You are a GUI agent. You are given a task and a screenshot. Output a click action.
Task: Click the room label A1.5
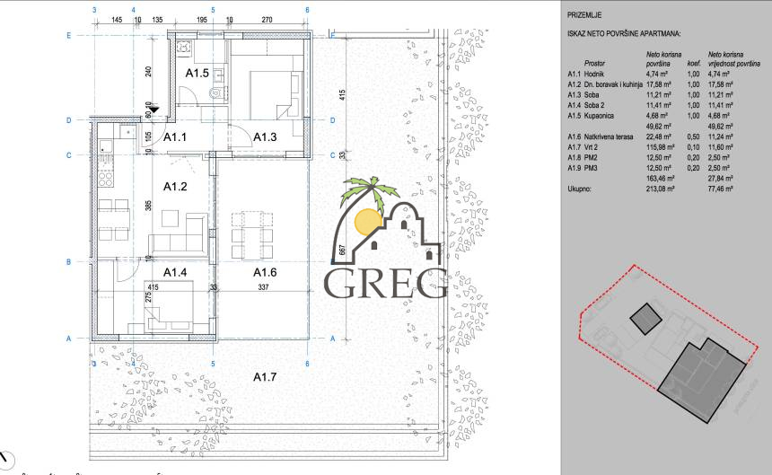click(x=196, y=72)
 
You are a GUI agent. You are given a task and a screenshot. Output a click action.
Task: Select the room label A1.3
click(x=264, y=136)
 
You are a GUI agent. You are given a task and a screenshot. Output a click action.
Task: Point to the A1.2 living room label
click(x=174, y=187)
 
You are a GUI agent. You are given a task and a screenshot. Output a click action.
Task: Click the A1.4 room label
click(x=174, y=271)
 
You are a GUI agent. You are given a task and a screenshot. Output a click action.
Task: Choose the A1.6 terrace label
click(x=264, y=271)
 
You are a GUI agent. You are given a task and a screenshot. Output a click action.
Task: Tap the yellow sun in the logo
click(x=369, y=220)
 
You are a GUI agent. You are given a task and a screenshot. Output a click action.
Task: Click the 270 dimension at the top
click(x=267, y=19)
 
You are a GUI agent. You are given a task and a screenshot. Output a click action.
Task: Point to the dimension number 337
click(x=265, y=288)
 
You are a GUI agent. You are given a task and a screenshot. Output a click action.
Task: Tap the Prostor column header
click(x=594, y=65)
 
